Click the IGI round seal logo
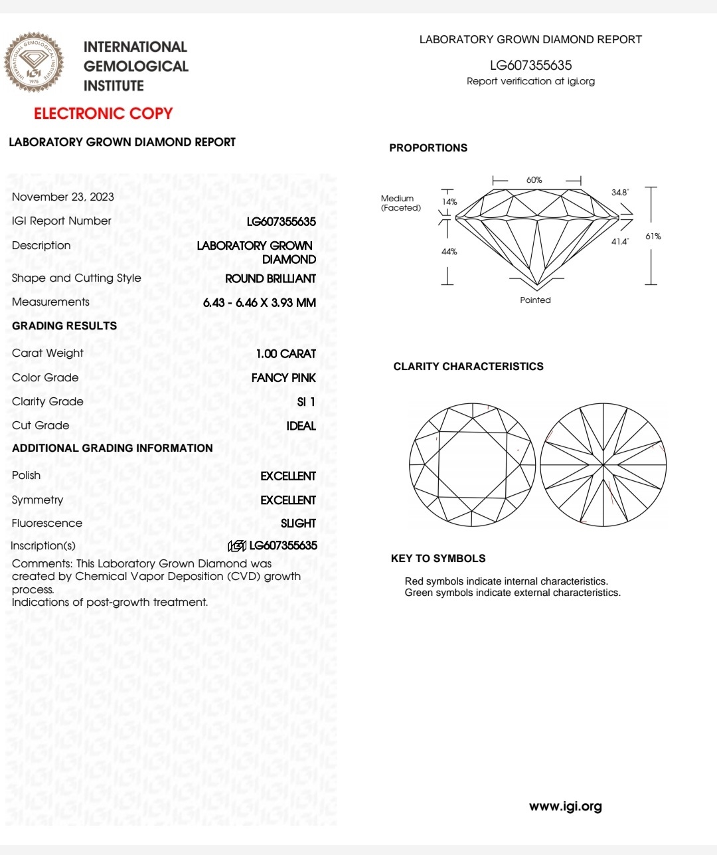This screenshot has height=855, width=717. pyautogui.click(x=35, y=62)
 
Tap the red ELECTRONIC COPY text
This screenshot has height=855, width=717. pyautogui.click(x=103, y=114)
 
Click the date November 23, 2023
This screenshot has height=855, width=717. pyautogui.click(x=63, y=197)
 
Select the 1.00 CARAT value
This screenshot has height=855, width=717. pyautogui.click(x=286, y=354)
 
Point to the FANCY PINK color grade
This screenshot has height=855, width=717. pyautogui.click(x=283, y=378)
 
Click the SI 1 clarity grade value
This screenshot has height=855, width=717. pyautogui.click(x=306, y=402)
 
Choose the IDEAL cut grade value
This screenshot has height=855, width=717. pyautogui.click(x=301, y=426)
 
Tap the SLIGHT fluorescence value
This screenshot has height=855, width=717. pyautogui.click(x=298, y=523)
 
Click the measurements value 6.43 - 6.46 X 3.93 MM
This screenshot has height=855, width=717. pyautogui.click(x=260, y=303)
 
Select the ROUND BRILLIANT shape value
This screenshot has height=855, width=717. pyautogui.click(x=270, y=279)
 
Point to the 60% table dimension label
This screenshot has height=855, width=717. pyautogui.click(x=534, y=180)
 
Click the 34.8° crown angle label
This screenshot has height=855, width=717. pyautogui.click(x=620, y=193)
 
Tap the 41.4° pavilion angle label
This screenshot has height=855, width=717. pyautogui.click(x=619, y=242)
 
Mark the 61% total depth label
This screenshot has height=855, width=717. pyautogui.click(x=653, y=237)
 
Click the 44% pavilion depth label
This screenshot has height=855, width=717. pyautogui.click(x=449, y=252)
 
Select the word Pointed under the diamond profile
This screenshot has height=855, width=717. pyautogui.click(x=536, y=300)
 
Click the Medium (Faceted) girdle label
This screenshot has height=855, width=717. pyautogui.click(x=400, y=203)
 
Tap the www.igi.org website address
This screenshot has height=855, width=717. pyautogui.click(x=566, y=807)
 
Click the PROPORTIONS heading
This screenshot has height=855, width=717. pyautogui.click(x=428, y=148)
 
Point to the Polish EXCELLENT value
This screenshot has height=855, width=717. pyautogui.click(x=288, y=476)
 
